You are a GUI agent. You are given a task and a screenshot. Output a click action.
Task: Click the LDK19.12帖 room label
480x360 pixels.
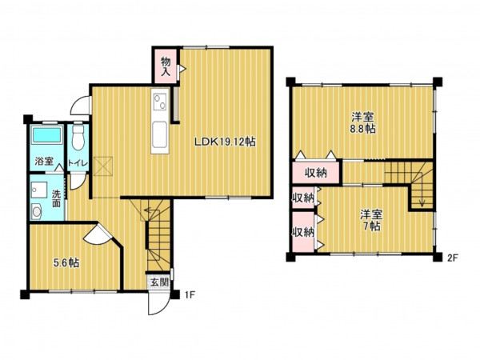pyautogui.click(x=225, y=142)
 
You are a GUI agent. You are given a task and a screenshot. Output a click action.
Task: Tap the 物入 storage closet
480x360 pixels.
pyautogui.click(x=166, y=66)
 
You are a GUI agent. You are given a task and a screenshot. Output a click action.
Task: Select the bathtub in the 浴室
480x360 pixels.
pyautogui.click(x=47, y=135)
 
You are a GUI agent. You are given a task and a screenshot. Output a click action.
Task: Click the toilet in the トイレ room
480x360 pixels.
pyautogui.click(x=78, y=137)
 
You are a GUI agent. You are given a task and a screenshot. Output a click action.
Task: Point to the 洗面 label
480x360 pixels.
pyautogui.click(x=56, y=198)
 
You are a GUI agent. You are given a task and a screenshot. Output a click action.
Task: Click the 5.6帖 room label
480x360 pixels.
pyautogui.click(x=66, y=262)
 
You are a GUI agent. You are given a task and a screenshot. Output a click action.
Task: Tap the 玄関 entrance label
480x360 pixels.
pyautogui.click(x=159, y=282)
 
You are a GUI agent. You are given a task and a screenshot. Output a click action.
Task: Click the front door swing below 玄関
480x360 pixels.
pyautogui.click(x=158, y=302)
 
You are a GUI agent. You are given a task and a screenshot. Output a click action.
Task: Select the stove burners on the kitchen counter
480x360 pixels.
pyautogui.click(x=160, y=102)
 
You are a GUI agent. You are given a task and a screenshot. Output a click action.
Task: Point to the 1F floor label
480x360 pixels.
pyautogui.click(x=190, y=295)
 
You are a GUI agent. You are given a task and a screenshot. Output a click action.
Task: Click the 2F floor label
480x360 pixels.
pyautogui.click(x=453, y=258)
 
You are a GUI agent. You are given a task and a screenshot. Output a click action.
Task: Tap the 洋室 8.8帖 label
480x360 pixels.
pyautogui.click(x=362, y=122)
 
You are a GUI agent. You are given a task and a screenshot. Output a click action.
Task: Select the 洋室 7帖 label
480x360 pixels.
pyautogui.click(x=371, y=220)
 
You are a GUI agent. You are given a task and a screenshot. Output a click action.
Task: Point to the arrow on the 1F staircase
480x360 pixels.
pyautogui.click(x=151, y=210)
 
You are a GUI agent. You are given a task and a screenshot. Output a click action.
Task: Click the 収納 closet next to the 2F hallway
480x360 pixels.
pyautogui.click(x=316, y=173)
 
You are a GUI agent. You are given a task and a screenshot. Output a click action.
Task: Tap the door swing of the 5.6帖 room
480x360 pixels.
pyautogui.click(x=98, y=233)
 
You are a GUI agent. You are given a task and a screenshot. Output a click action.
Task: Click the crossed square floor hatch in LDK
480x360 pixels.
pyautogui.click(x=103, y=166)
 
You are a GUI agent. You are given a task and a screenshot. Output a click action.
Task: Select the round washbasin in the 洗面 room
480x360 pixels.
pyautogui.click(x=37, y=211)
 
